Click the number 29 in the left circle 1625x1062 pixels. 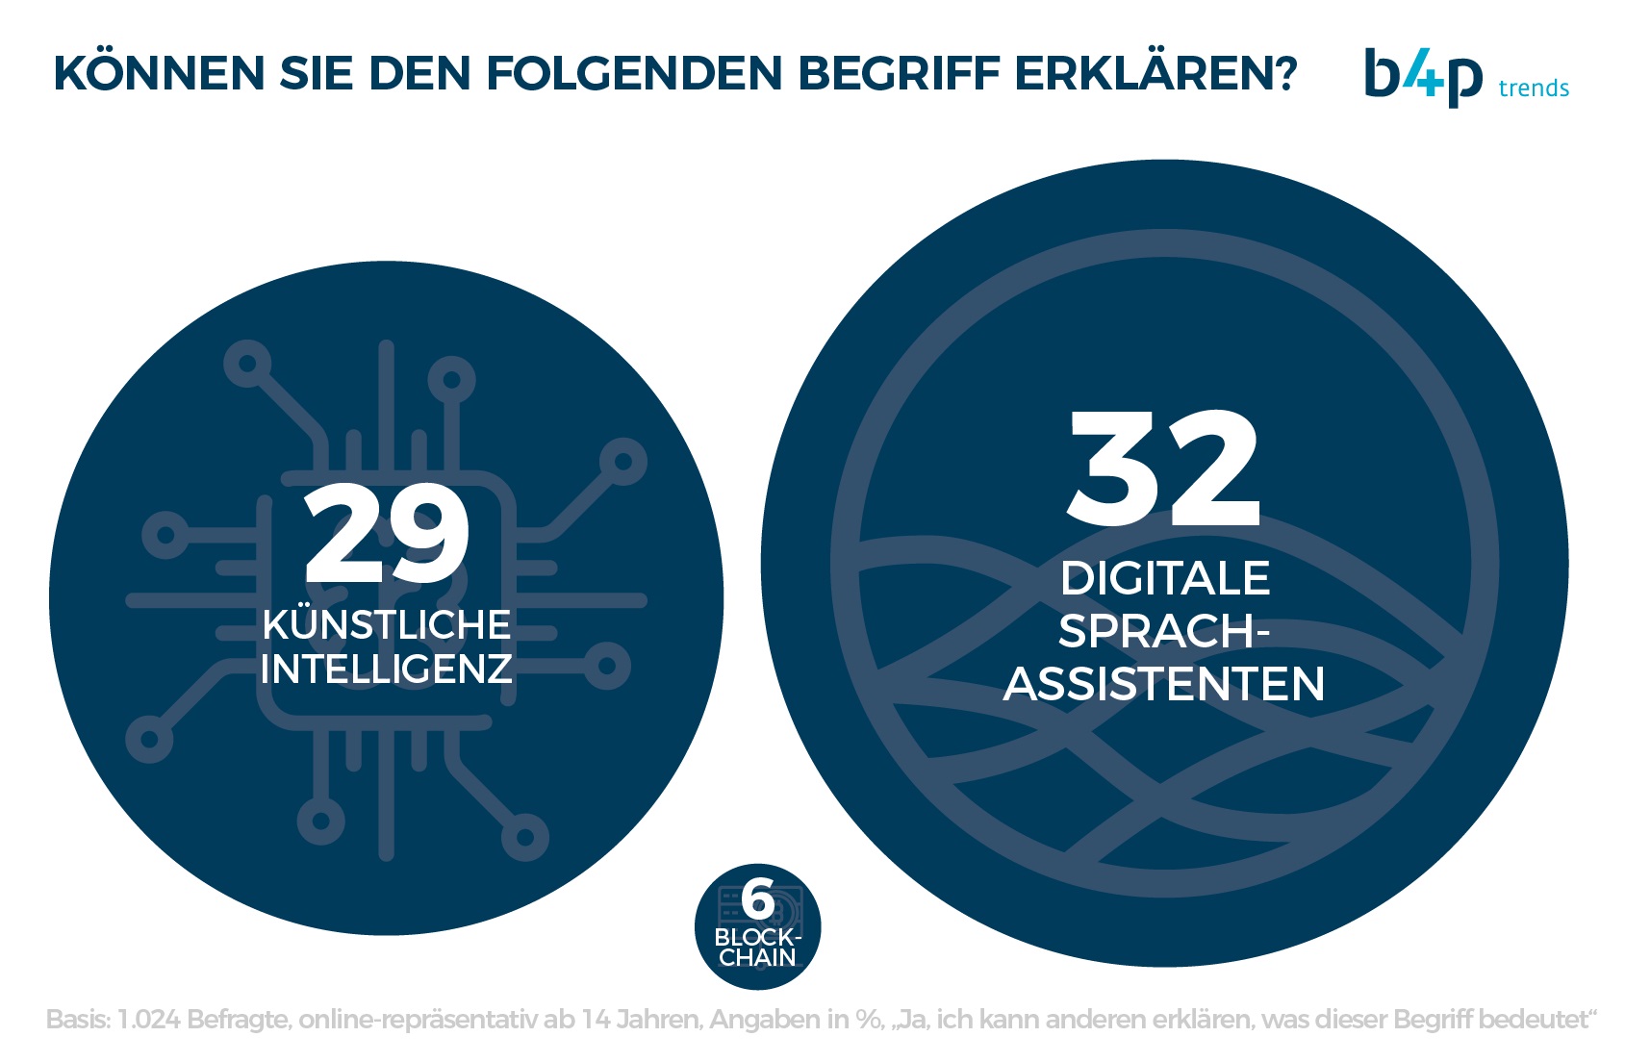coord(387,535)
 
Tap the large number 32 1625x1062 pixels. coord(1163,468)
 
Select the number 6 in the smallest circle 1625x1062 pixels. coord(758,900)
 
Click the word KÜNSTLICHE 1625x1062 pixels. coord(386,625)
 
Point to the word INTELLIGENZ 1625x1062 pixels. coord(386,670)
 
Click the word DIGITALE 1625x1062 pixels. coord(1164,579)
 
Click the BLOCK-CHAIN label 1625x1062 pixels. coord(758,948)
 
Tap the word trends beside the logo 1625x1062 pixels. coord(1534,88)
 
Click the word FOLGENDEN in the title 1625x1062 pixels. coord(635,73)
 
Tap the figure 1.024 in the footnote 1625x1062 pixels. coord(148,1020)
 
